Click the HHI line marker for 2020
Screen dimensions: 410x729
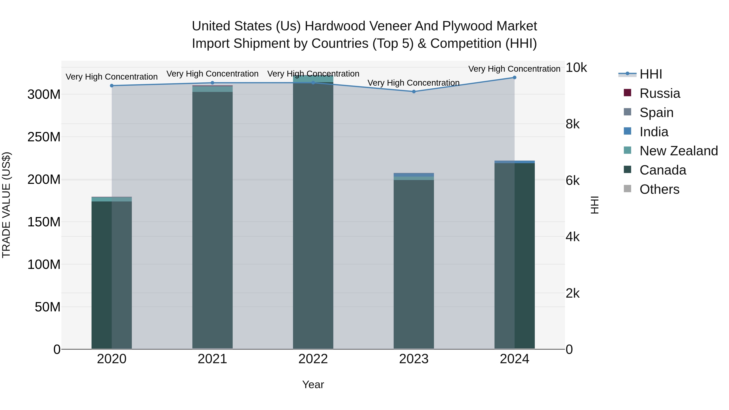112,85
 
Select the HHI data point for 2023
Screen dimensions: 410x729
414,91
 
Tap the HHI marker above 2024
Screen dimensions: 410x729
515,78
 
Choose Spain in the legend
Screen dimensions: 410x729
656,113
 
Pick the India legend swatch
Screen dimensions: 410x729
627,131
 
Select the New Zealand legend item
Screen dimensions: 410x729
678,151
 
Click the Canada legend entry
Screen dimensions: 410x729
663,170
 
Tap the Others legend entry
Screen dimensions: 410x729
659,189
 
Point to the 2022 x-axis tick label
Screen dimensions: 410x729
313,359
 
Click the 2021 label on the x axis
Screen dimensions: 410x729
212,359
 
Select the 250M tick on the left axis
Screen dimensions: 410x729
44,137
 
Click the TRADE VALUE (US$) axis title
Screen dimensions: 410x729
6,205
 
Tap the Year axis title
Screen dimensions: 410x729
313,384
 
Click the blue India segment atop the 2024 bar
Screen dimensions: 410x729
515,162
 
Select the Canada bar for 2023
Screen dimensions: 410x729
414,263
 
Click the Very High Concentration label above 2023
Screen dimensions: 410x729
414,83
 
